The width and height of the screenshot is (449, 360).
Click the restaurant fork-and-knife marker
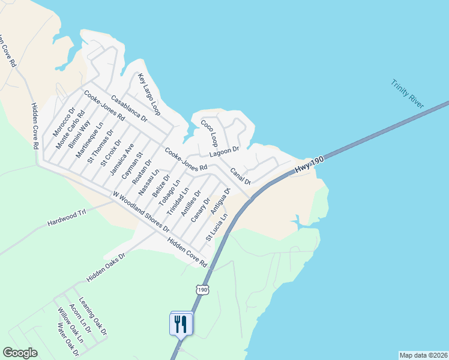[x=181, y=324]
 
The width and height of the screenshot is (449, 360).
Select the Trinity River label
[x=408, y=94]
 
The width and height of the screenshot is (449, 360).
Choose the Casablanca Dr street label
[x=129, y=109]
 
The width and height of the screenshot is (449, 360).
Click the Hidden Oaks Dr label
[x=106, y=267]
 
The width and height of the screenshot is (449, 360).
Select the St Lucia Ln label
[x=217, y=227]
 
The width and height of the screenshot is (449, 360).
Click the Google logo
[x=20, y=353]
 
